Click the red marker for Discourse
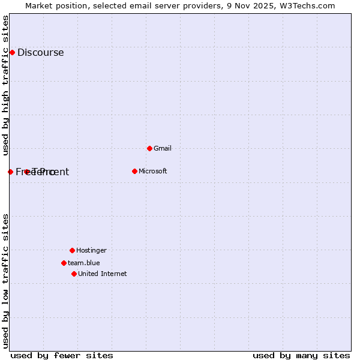pyautogui.click(x=12, y=52)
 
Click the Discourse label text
pyautogui.click(x=40, y=52)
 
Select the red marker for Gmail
pyautogui.click(x=149, y=148)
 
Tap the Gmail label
pyautogui.click(x=162, y=148)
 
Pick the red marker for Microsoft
pyautogui.click(x=134, y=171)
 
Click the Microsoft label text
pyautogui.click(x=152, y=171)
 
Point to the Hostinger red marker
pyautogui.click(x=72, y=250)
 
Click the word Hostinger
pyautogui.click(x=91, y=250)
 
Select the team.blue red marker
pyautogui.click(x=64, y=263)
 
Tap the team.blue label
pyautogui.click(x=83, y=263)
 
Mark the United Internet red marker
pyautogui.click(x=74, y=274)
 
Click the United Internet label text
pyautogui.click(x=102, y=274)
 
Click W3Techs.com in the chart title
pyautogui.click(x=305, y=5)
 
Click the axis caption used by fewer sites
pyautogui.click(x=62, y=355)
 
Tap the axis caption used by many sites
pyautogui.click(x=301, y=355)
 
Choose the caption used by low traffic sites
pyautogui.click(x=5, y=280)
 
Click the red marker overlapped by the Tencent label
pyautogui.click(x=27, y=172)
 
